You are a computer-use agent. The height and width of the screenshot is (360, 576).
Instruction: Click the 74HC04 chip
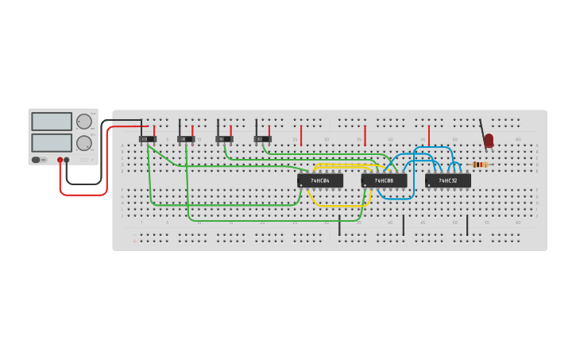[x=320, y=180]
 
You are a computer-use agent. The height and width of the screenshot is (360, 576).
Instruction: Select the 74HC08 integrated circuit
[x=384, y=180]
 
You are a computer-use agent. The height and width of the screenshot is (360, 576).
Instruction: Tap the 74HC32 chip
[x=448, y=180]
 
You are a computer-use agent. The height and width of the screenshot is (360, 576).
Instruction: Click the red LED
[x=489, y=141]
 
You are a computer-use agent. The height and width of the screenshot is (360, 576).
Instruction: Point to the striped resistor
[x=479, y=165]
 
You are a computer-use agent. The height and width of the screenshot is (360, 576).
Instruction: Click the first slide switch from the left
[x=148, y=139]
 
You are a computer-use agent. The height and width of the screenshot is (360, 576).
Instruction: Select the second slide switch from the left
[x=186, y=139]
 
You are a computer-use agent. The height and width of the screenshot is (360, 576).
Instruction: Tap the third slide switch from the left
[x=225, y=139]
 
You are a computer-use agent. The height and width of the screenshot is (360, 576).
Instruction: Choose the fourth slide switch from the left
[x=263, y=139]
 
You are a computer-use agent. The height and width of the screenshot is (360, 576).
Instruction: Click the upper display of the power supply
[x=52, y=122]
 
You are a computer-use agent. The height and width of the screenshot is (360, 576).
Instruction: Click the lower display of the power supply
[x=52, y=142]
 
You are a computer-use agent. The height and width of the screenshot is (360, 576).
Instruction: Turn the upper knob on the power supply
[x=83, y=122]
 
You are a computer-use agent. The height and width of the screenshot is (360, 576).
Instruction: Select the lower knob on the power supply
[x=83, y=143]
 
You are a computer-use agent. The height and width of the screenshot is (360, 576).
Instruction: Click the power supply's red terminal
[x=60, y=160]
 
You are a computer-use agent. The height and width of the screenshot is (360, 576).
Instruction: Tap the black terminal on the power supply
[x=67, y=160]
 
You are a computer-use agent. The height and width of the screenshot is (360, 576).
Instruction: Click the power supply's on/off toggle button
[x=37, y=160]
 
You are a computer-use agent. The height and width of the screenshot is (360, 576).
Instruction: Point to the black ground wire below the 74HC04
[x=339, y=225]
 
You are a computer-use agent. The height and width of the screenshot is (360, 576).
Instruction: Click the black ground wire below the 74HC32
[x=467, y=225]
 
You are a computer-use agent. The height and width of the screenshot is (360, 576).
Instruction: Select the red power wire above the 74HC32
[x=429, y=136]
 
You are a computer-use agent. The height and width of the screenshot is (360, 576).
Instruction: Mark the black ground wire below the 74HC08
[x=403, y=225]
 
